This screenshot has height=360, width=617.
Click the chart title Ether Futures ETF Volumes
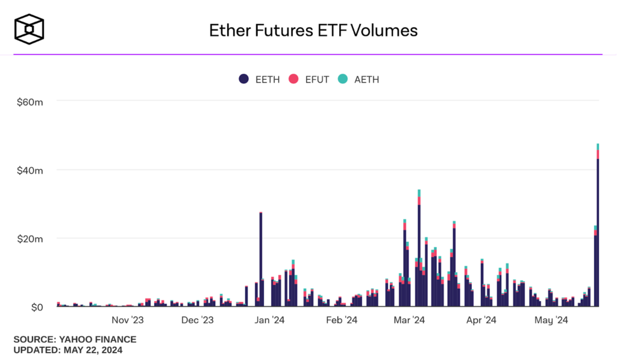pos(313,30)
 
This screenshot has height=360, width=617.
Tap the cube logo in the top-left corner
pos(29,29)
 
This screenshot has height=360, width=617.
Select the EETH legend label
pos(268,79)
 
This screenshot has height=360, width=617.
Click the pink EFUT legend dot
pos(294,79)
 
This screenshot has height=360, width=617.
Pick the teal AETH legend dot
pos(342,79)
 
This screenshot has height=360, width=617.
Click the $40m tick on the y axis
pos(30,170)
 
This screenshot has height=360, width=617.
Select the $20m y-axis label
pos(30,239)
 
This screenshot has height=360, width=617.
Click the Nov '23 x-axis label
pos(128,320)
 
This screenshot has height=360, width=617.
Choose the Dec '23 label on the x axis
pos(197,320)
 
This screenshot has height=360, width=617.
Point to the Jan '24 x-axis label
pos(269,320)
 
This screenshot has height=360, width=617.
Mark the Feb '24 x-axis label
pos(342,320)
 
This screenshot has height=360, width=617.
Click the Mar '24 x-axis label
pos(409,320)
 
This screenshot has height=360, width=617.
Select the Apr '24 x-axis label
pos(481,320)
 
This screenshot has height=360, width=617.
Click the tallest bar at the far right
pos(598,229)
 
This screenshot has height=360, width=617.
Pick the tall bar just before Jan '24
pos(260,259)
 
